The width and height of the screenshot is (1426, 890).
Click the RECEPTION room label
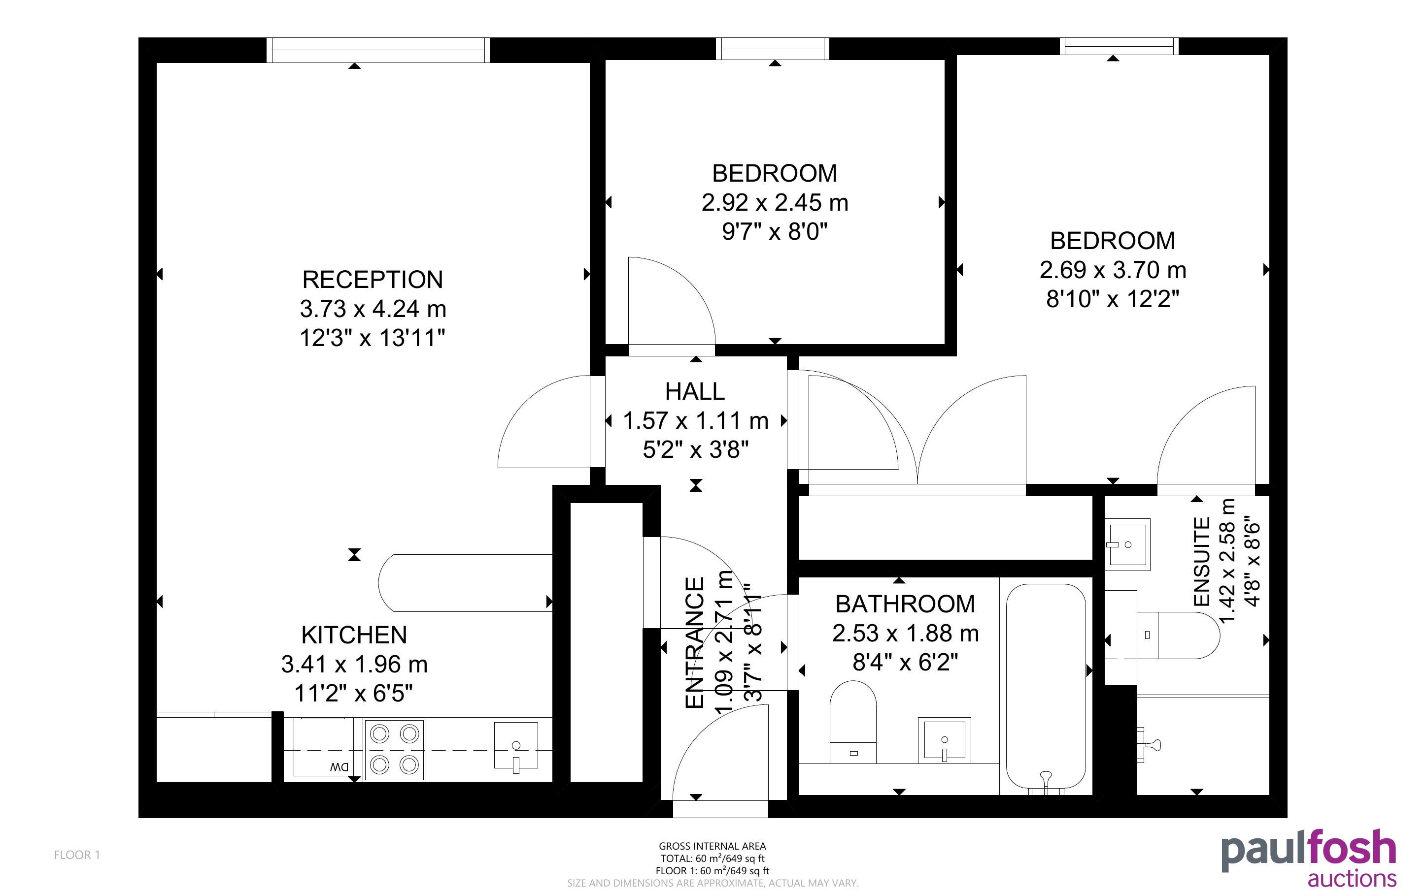[372, 280]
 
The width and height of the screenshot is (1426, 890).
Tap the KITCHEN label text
[354, 635]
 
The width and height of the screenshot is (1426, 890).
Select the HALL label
[695, 391]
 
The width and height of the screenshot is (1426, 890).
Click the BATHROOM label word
[905, 604]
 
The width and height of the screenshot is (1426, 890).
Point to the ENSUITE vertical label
[1202, 562]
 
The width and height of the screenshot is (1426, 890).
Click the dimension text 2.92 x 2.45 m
[775, 202]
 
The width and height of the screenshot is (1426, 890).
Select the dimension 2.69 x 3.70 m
[1113, 270]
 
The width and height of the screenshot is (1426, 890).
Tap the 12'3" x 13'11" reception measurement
[372, 338]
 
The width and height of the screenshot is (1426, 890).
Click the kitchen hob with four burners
[394, 749]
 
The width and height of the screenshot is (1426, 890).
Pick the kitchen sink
[516, 746]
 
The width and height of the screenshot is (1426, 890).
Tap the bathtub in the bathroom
[1046, 686]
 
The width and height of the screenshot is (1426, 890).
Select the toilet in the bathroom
[853, 722]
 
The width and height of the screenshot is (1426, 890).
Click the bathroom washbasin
[944, 740]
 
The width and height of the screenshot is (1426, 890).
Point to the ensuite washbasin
[1127, 544]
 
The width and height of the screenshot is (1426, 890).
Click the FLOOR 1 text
[77, 855]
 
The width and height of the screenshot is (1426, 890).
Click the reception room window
[378, 50]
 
